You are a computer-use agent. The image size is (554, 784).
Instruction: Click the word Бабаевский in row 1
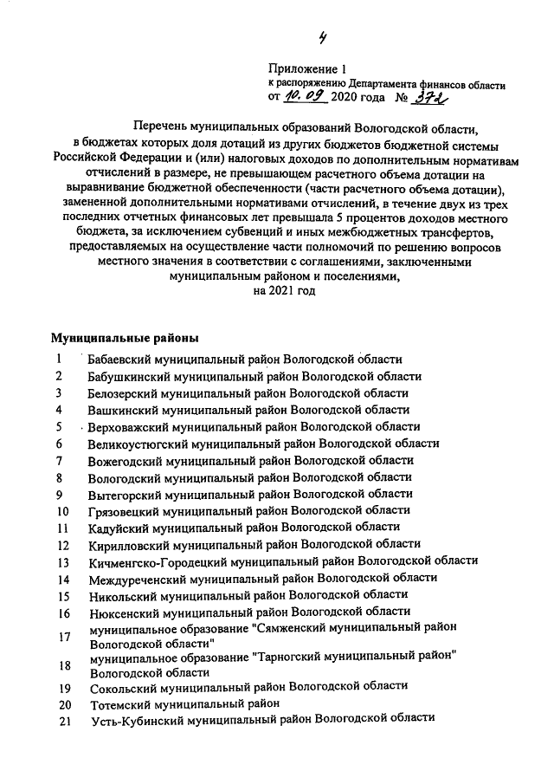(x=118, y=360)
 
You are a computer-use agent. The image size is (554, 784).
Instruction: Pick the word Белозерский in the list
(x=123, y=392)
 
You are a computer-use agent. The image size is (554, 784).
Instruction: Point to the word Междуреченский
(x=132, y=578)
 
